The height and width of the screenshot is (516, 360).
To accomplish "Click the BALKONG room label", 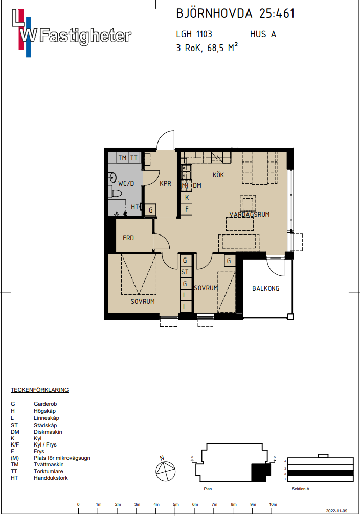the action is point(265,288).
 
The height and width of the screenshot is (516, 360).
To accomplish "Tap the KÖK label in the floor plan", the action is point(218,175).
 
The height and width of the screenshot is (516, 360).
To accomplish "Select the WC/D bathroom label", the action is point(126,183).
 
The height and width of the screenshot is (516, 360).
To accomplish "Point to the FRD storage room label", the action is point(128,238).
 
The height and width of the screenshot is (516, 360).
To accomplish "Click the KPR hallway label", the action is point(165,183).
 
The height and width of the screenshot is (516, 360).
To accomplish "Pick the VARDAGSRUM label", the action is point(250,214).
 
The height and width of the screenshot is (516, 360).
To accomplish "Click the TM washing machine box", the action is point(123,158).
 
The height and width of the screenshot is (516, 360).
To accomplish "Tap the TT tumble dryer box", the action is point(134,158).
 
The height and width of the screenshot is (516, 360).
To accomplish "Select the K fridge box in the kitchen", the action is point(187,197).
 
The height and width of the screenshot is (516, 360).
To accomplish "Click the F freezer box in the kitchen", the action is point(187,208).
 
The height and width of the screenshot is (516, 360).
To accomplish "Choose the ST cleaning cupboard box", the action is point(185,272).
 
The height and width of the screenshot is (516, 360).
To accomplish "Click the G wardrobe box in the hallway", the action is point(150,210).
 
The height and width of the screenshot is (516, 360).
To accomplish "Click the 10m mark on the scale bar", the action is point(273,504).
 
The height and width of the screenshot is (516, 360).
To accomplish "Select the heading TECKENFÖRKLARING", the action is point(39,390).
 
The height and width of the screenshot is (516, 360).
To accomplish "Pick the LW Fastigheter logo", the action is point(72,33).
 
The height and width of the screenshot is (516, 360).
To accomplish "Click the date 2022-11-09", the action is point(336,511).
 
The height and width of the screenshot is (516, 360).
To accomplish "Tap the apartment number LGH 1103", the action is point(194,34).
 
